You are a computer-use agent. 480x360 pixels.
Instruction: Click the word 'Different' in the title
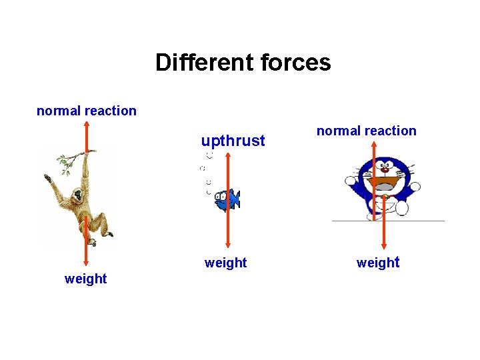(197, 63)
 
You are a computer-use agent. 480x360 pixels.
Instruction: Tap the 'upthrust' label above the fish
(233, 141)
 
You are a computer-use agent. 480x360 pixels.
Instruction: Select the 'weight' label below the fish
(225, 263)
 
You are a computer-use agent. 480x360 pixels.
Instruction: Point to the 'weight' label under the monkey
(85, 279)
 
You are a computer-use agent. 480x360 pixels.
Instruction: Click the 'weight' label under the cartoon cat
(377, 263)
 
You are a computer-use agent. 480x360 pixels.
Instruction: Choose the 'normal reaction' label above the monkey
(87, 111)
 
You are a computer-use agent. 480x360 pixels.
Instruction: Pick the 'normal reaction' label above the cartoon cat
(366, 131)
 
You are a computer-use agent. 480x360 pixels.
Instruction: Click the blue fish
(227, 199)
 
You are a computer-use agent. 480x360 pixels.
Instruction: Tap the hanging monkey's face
(78, 196)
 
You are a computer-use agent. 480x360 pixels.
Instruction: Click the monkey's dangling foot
(109, 234)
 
